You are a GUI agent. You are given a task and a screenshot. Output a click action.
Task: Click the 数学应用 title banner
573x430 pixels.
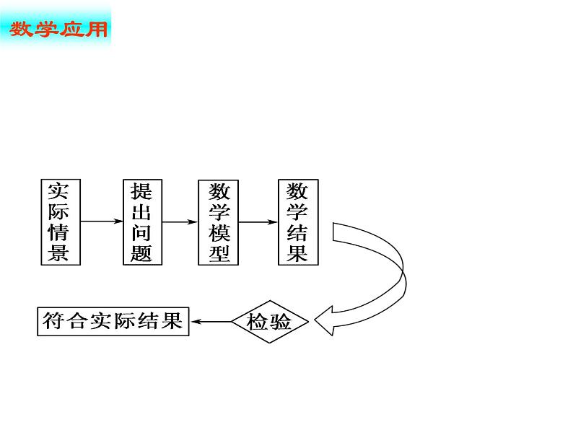point(58,30)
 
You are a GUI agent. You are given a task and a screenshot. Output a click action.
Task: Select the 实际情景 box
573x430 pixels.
point(58,221)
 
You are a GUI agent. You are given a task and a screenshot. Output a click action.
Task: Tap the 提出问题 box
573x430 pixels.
point(141,221)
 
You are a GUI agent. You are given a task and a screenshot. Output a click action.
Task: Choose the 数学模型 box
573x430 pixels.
point(219,221)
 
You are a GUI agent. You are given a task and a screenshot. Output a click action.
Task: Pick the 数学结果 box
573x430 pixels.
point(297,221)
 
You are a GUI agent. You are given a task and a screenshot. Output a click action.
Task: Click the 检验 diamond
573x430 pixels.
point(269,322)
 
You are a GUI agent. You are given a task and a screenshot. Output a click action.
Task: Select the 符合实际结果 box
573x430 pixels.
point(113,321)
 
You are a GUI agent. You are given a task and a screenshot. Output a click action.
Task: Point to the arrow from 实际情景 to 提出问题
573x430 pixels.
point(101,221)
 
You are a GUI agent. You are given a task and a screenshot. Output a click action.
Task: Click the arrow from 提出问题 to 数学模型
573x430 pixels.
point(180,221)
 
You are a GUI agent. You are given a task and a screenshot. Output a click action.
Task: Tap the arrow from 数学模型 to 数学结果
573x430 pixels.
point(258,221)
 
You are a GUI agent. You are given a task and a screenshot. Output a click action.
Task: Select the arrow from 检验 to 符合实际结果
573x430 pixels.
point(211,322)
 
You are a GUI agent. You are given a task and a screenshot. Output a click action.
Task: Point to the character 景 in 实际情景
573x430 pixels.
point(58,253)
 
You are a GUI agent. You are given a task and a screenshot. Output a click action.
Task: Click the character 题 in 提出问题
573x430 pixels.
point(141,253)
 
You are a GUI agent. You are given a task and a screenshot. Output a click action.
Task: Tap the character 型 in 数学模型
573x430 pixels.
point(219,253)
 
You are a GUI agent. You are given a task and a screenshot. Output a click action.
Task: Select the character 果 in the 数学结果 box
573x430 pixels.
point(297,253)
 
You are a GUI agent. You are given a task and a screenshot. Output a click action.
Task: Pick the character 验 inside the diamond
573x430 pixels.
point(280,322)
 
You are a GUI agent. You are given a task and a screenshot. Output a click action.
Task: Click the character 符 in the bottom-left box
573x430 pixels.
point(52,321)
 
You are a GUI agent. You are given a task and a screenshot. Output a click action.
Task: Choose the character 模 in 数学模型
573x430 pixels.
point(219,232)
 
